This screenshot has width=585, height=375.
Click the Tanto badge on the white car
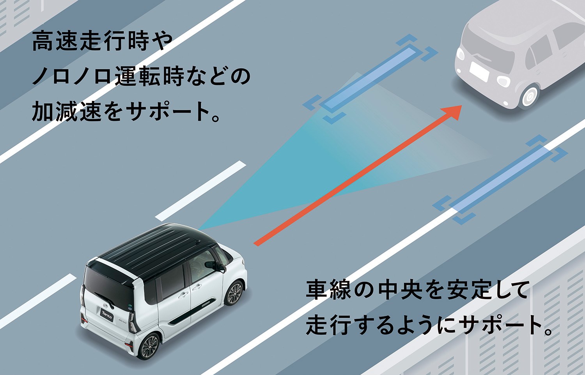107,315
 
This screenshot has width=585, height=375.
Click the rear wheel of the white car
149,347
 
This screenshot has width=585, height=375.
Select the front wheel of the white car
235,293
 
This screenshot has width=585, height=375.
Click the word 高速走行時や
102,41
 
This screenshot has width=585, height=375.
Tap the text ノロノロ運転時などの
141,76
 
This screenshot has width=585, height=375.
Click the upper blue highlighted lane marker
370,79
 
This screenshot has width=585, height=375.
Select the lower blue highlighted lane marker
500,180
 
